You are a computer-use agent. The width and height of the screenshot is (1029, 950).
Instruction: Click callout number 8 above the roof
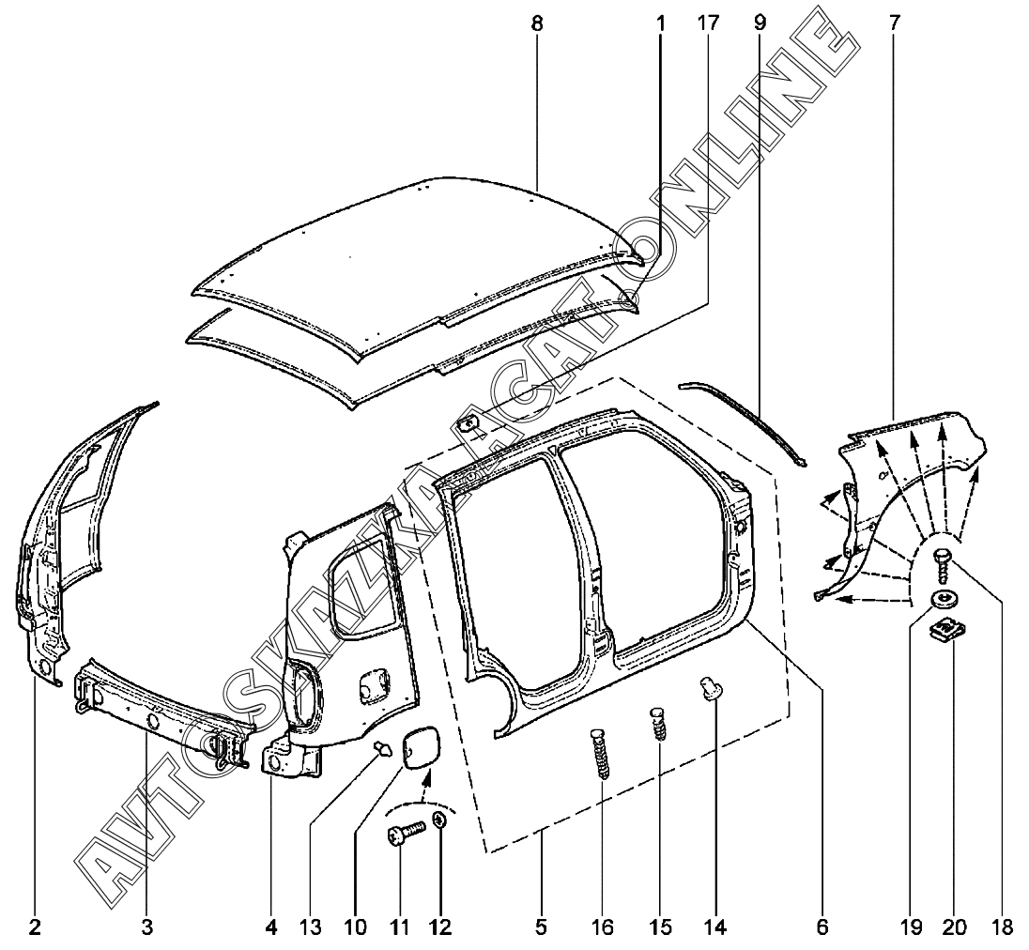pyautogui.click(x=537, y=23)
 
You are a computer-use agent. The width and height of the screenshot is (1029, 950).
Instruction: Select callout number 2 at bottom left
pyautogui.click(x=35, y=927)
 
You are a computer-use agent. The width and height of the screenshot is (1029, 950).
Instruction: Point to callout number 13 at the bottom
pyautogui.click(x=311, y=927)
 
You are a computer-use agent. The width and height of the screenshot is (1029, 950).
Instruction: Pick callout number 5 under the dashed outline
pyautogui.click(x=541, y=927)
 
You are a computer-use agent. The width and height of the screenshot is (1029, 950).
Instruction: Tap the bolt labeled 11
pyautogui.click(x=403, y=833)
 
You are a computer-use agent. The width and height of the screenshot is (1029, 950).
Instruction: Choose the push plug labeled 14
pyautogui.click(x=712, y=690)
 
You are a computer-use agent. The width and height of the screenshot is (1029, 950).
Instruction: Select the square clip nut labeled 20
pyautogui.click(x=946, y=631)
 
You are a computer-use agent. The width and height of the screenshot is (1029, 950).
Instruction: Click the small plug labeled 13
pyautogui.click(x=384, y=748)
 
